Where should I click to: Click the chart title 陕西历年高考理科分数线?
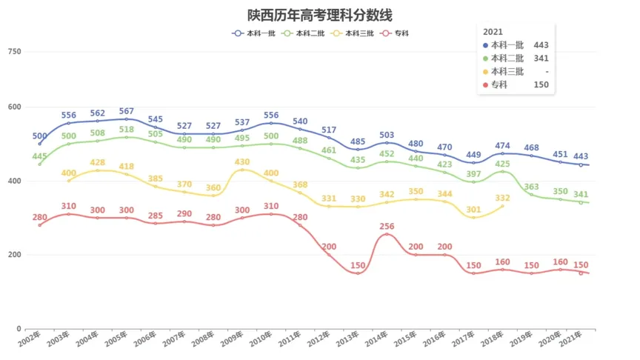(320, 16)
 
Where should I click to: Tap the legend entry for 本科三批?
(353, 33)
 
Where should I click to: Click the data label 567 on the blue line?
(127, 111)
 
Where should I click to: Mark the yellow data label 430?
(242, 161)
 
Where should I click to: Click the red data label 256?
(387, 226)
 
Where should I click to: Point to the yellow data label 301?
(473, 210)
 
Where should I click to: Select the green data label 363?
(531, 187)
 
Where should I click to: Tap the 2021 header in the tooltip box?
(493, 32)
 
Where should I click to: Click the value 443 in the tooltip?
(540, 45)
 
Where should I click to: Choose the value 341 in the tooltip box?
(540, 59)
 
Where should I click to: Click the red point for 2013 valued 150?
(357, 273)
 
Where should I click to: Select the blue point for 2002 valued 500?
(40, 144)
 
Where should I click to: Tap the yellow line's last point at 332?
(502, 206)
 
